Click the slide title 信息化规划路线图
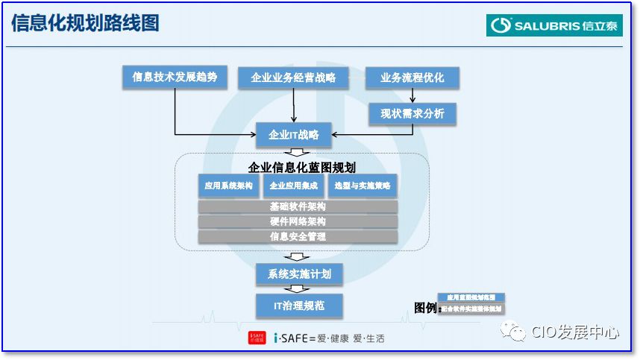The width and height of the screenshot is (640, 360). (85, 23)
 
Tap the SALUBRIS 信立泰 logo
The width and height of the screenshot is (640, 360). (554, 25)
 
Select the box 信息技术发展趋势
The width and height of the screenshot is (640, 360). (175, 78)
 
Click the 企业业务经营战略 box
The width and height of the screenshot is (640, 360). (293, 78)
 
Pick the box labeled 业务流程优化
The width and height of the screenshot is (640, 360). (412, 78)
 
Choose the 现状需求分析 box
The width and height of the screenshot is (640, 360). (412, 113)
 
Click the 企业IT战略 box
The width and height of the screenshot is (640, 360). (294, 135)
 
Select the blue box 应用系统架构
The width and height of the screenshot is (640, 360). (229, 186)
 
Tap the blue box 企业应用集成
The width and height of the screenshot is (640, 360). (294, 186)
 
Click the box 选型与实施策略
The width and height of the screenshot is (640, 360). (362, 186)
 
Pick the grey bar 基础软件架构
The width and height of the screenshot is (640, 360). (298, 206)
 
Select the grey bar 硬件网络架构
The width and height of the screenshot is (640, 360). (298, 221)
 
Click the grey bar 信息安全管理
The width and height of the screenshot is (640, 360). (298, 236)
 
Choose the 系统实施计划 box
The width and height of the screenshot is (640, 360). (299, 274)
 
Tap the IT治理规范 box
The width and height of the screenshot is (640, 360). (299, 305)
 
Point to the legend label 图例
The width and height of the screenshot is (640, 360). (426, 308)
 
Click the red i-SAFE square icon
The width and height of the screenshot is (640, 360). (257, 338)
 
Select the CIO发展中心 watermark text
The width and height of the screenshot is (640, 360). (574, 332)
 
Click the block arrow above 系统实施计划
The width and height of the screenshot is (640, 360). (298, 256)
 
